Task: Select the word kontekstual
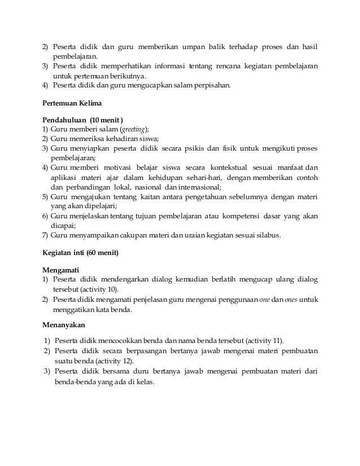pos(232,168)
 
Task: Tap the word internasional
pos(199,187)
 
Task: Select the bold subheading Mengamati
pos(64,270)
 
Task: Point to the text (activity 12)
pos(120,361)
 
